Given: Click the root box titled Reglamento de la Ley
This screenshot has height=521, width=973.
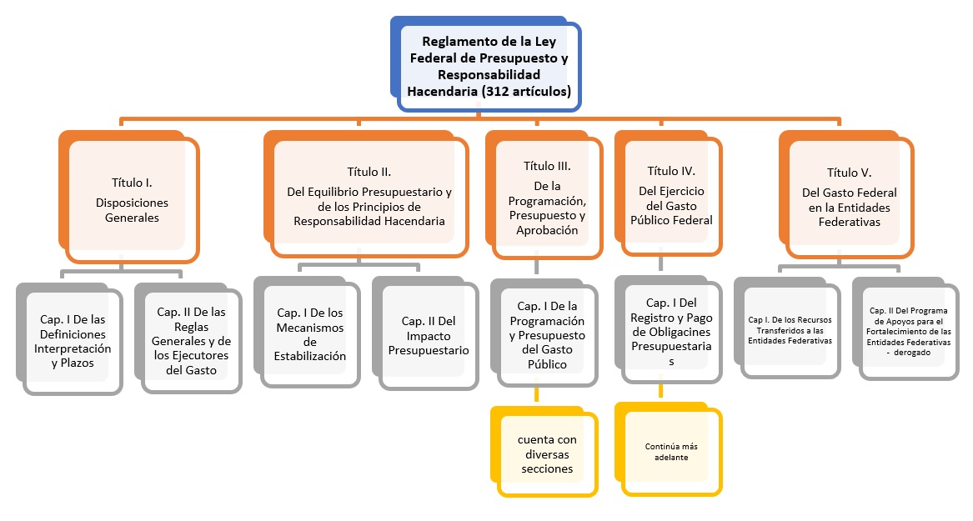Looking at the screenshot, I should (x=489, y=66).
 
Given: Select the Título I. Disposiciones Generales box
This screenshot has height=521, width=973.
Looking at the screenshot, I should (x=134, y=200).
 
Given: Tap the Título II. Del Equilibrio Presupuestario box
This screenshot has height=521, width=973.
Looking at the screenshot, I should (x=369, y=195).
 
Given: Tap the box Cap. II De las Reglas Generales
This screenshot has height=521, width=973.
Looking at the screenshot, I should (x=193, y=340).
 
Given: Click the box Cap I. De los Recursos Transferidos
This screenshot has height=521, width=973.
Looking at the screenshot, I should (x=789, y=329).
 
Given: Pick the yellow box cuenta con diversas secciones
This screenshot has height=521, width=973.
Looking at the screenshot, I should (x=546, y=454).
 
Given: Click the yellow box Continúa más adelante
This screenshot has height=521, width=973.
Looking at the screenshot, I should (x=671, y=451).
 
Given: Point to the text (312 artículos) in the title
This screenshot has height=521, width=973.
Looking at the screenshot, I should (x=526, y=92).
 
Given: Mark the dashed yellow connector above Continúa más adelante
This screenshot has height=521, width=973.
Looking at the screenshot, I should (x=662, y=392).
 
